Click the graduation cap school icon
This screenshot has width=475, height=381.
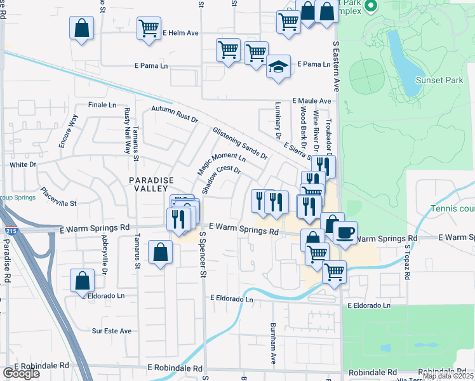(x=278, y=67)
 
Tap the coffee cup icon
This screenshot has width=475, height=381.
(x=345, y=232)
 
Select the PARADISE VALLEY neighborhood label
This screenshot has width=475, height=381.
(x=151, y=186)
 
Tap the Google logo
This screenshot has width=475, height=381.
(x=20, y=373)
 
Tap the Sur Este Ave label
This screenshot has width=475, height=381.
(x=111, y=331)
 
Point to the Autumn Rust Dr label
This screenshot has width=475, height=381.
(x=175, y=114)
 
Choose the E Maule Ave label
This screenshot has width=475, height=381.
(x=312, y=101)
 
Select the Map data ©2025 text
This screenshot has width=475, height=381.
(x=448, y=376)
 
